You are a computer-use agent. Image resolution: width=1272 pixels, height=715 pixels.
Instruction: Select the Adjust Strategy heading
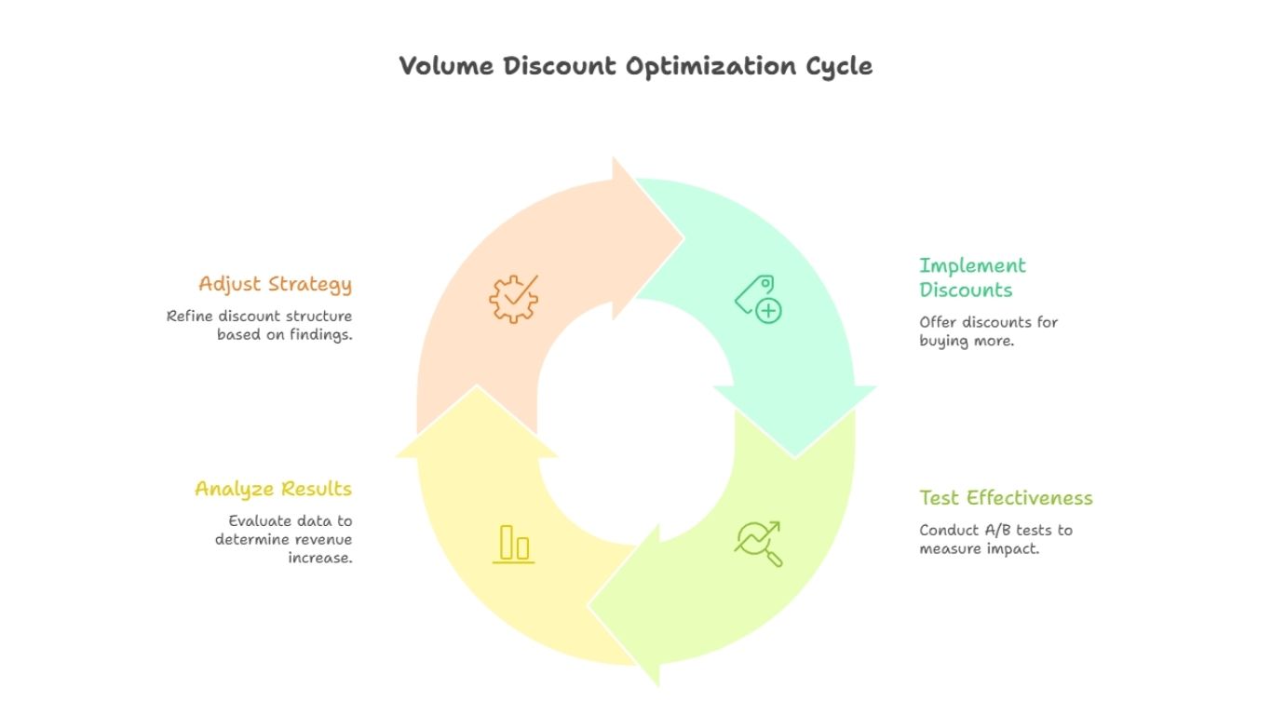[x=275, y=284]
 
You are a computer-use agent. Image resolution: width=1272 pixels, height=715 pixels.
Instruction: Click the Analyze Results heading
[x=273, y=489]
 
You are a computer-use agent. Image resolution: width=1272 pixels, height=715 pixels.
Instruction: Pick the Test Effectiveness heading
[x=1006, y=498]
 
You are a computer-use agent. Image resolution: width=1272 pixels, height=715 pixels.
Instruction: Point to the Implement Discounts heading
[x=972, y=277]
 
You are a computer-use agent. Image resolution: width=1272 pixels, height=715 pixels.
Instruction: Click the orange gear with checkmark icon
[x=513, y=298]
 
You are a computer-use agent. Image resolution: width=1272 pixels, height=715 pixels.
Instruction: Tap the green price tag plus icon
[x=758, y=300]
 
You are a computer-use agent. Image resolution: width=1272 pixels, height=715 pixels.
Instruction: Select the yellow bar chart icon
[x=513, y=544]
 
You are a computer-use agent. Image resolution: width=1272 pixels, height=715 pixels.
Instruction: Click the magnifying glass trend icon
[x=759, y=544]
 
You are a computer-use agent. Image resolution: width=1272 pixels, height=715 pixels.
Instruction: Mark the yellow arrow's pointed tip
[x=478, y=386]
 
